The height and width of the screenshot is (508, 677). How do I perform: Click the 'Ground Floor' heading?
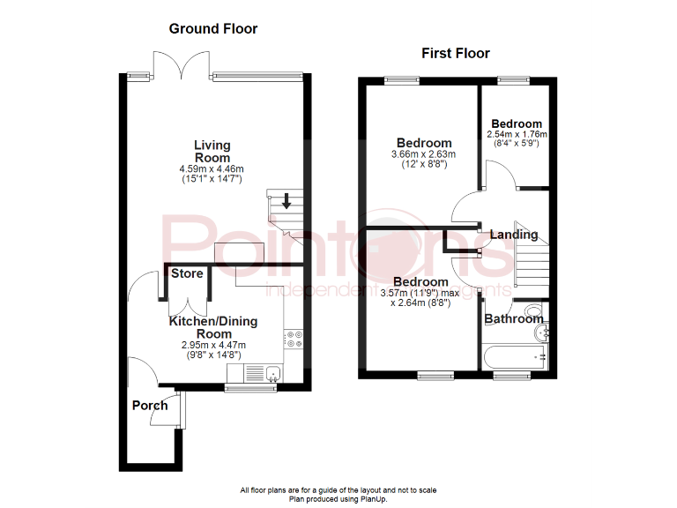[x=213, y=29]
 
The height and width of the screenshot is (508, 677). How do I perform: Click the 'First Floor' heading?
[x=455, y=54]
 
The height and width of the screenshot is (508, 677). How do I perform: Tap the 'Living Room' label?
[x=212, y=151]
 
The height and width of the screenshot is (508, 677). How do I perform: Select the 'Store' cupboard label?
[x=187, y=273]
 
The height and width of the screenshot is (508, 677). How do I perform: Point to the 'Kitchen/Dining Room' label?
[x=213, y=328]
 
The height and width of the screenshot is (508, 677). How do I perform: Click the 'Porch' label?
[x=149, y=406]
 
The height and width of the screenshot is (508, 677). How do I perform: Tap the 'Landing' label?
[x=514, y=235]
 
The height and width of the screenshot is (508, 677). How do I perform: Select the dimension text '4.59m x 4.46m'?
[x=212, y=168]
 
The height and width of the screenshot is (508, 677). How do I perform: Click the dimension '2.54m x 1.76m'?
[x=517, y=135]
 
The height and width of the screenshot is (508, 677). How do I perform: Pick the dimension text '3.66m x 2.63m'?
[x=423, y=154]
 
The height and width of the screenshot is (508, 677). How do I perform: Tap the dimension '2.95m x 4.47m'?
[x=213, y=346]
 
